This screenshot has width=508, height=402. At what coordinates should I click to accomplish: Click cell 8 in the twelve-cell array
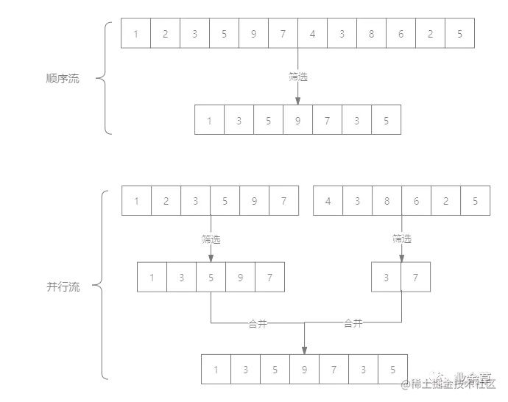(x=372, y=34)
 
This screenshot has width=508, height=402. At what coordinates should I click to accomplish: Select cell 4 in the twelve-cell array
(x=313, y=34)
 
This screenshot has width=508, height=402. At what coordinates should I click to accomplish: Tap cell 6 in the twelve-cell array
(x=401, y=34)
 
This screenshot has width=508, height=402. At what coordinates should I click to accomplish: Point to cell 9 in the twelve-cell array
(x=253, y=34)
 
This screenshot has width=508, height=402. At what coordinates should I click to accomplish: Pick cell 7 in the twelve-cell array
(x=283, y=34)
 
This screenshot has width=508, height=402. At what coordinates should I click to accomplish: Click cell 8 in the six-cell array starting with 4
(x=387, y=201)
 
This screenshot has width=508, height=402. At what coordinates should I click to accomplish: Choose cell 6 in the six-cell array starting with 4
(x=417, y=201)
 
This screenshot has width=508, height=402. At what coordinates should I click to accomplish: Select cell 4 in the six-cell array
(x=328, y=201)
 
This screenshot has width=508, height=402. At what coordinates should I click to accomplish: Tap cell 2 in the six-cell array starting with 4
(x=446, y=201)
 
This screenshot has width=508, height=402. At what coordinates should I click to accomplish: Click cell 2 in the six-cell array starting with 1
(x=165, y=201)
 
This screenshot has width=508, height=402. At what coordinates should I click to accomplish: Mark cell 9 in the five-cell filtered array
(x=240, y=278)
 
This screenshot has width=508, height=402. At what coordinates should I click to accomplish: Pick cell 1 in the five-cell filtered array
(x=152, y=278)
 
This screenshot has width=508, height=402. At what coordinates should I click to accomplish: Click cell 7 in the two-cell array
(x=416, y=278)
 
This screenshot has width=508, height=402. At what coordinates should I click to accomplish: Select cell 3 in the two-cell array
(x=387, y=278)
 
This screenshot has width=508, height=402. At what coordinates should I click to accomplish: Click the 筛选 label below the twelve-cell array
(x=297, y=74)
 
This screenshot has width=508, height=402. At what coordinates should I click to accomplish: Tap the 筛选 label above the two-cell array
(x=401, y=239)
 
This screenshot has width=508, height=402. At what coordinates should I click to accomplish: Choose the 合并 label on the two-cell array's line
(x=353, y=322)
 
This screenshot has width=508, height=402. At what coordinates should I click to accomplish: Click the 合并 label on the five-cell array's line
(x=258, y=322)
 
